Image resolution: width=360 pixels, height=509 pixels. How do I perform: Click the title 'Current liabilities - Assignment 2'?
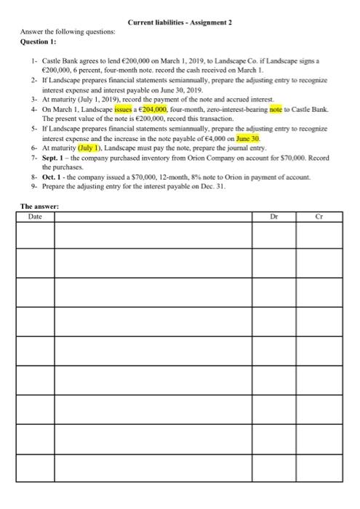[x=180, y=23]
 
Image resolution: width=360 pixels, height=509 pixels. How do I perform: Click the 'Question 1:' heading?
[x=39, y=41]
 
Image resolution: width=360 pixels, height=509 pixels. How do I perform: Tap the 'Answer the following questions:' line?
[x=57, y=32]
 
